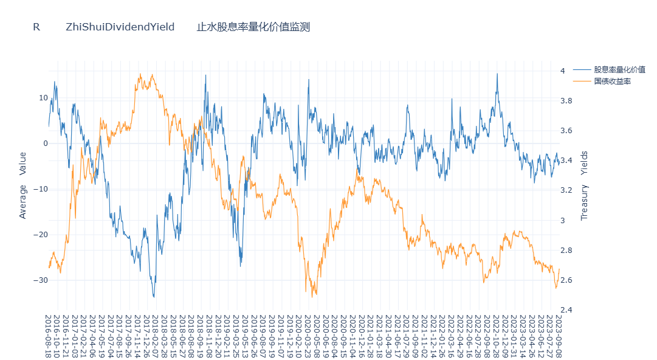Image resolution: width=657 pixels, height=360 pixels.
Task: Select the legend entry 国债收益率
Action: click(x=612, y=81)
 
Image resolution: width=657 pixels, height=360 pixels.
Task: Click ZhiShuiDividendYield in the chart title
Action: click(x=120, y=27)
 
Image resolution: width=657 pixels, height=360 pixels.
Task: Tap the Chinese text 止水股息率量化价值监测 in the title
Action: click(x=253, y=27)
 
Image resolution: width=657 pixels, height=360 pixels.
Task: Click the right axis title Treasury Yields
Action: click(x=585, y=185)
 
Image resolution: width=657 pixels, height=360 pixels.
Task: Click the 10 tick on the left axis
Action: click(x=43, y=98)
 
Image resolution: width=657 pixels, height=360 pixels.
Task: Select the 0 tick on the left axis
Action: click(x=45, y=144)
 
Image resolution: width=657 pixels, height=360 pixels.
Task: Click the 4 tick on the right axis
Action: click(x=563, y=71)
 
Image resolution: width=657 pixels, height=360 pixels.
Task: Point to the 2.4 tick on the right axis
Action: click(x=566, y=310)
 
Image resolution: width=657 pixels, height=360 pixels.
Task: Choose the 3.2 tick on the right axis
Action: click(x=566, y=190)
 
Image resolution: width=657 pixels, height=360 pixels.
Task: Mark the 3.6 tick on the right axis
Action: click(x=566, y=131)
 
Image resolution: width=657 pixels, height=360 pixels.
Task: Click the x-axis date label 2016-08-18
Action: click(x=49, y=336)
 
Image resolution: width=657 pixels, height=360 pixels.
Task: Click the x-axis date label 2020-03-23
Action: click(x=308, y=336)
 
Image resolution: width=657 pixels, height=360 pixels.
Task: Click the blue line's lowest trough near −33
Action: click(x=154, y=297)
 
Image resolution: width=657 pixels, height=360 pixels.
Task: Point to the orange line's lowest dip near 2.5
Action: click(x=313, y=297)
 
